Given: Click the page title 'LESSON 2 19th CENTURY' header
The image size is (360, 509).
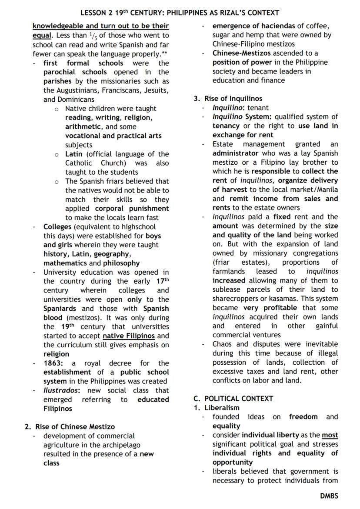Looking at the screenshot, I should click(x=180, y=13).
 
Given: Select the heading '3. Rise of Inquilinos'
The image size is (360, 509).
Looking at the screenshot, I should click(x=228, y=99).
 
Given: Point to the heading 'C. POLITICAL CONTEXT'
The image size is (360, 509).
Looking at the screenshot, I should click(x=233, y=399).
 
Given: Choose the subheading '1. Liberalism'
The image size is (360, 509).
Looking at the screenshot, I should click(x=217, y=408).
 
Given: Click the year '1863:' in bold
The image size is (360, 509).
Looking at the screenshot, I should click(x=54, y=363).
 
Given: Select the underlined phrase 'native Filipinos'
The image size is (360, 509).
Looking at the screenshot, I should click(x=129, y=336).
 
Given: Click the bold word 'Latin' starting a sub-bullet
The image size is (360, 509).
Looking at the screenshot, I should click(x=74, y=154).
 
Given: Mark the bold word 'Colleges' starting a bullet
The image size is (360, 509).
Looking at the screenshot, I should click(x=57, y=226).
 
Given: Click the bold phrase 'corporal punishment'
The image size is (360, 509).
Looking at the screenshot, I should click(x=132, y=208).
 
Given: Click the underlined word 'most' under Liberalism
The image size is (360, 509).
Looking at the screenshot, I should click(x=330, y=435).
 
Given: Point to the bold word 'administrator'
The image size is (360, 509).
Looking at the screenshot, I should click(x=235, y=153).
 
